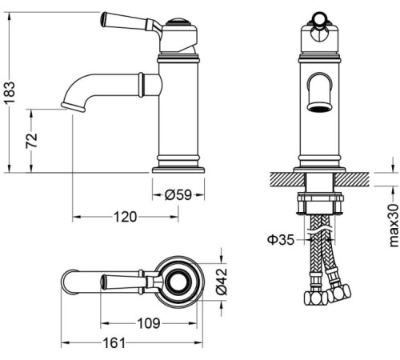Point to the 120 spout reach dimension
click(123, 217)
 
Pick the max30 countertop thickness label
click(392, 225)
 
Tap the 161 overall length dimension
click(117, 343)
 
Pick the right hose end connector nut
click(340, 294)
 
